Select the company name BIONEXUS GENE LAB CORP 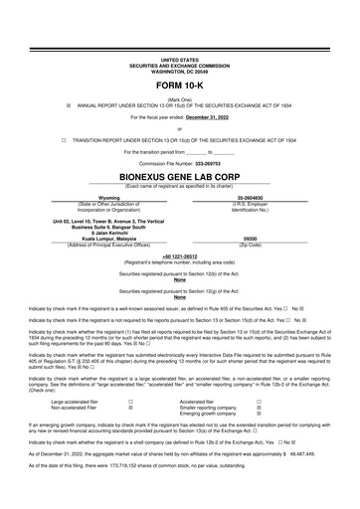pos(179,176)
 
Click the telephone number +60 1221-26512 pos(179,254)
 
